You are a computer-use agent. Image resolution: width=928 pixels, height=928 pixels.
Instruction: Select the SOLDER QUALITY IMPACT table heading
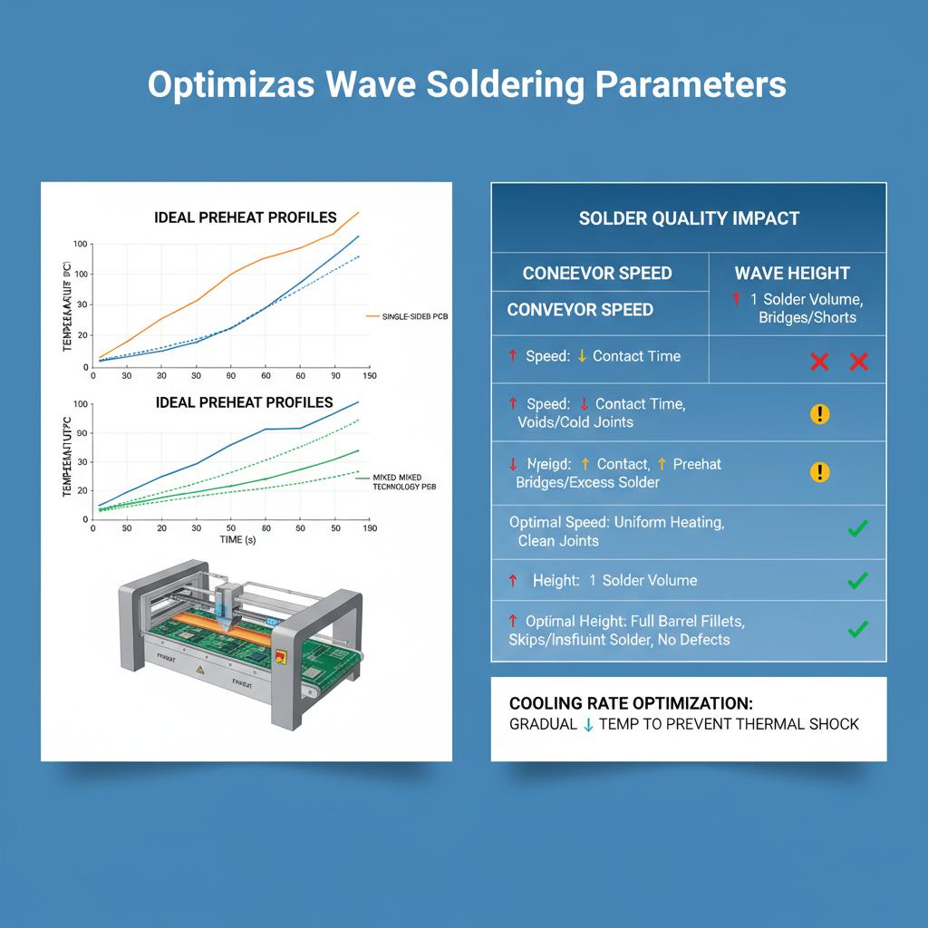(x=689, y=218)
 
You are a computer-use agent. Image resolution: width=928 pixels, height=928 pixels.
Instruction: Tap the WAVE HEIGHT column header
(x=791, y=273)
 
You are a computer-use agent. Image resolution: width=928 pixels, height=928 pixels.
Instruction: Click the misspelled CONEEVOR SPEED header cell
(x=597, y=273)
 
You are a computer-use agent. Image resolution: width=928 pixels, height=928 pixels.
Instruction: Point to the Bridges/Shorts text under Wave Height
(x=807, y=317)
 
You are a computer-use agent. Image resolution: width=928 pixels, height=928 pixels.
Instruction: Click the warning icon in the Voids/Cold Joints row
(x=819, y=414)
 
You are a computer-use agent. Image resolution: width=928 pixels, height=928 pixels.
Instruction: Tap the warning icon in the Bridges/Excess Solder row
(x=819, y=472)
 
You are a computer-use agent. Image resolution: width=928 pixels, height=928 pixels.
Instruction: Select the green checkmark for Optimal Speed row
(x=856, y=528)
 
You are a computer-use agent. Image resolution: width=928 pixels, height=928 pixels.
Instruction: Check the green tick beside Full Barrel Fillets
(x=856, y=628)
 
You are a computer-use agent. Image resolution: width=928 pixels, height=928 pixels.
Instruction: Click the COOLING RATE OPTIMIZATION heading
(x=631, y=703)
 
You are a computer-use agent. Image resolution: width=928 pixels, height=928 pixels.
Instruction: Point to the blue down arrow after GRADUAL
(x=588, y=724)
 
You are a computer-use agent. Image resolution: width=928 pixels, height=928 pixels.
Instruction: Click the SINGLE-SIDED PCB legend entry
(x=414, y=316)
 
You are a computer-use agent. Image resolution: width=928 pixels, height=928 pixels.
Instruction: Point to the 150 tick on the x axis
(x=369, y=375)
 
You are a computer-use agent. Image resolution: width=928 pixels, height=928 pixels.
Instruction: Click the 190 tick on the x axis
(x=369, y=527)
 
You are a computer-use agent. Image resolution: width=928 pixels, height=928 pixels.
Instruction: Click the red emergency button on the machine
(x=280, y=656)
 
